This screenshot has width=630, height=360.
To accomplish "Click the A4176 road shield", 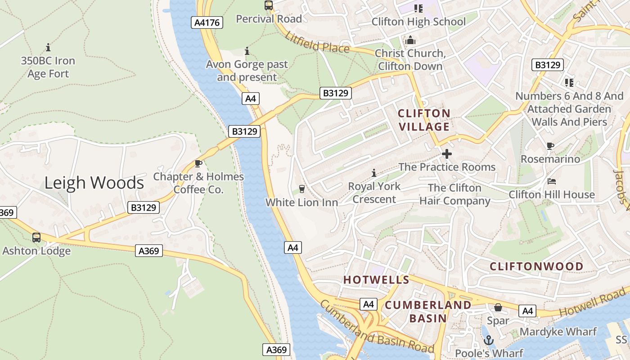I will coord(207,22).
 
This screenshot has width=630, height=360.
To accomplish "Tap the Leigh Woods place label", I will coord(94,183).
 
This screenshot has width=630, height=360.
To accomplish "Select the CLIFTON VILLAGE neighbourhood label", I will coord(424,120).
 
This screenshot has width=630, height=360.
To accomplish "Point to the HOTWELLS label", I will coord(376,280).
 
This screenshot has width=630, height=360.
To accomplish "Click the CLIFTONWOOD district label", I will coord(536,266).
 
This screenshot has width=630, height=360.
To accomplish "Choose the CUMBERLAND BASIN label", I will coord(428,311).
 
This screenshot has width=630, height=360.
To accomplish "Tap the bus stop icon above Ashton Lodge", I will coord(36,237).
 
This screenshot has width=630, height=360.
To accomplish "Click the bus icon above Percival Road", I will coord(269,5).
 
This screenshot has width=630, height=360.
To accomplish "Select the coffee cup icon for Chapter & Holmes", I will coord(198,163).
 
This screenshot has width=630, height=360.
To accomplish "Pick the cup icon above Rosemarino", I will coord(550,146).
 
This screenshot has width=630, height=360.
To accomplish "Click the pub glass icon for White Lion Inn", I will coord(301,189).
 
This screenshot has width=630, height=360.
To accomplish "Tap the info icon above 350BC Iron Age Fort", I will coord(48,47).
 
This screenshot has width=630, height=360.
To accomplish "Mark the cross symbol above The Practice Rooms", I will coord(446,154).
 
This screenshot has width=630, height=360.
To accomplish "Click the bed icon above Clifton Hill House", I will coord(552,181).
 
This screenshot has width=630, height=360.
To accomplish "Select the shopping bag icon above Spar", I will coord(498,307).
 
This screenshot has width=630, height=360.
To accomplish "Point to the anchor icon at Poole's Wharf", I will coord(489,340).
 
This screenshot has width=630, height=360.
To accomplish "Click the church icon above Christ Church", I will coord(410,40).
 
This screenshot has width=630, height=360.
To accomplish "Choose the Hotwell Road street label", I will coord(593,305).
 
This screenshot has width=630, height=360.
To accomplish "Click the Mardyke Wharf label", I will coord(558,332).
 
